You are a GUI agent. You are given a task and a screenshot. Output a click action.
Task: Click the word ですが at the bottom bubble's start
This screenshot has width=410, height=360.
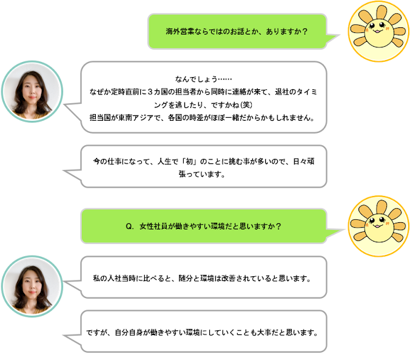pyautogui.click(x=97, y=333)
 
